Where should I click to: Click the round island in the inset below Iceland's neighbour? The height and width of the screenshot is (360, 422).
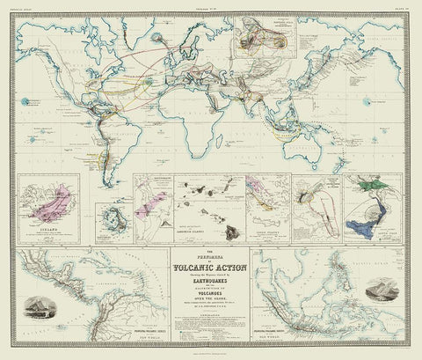point(113,217)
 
